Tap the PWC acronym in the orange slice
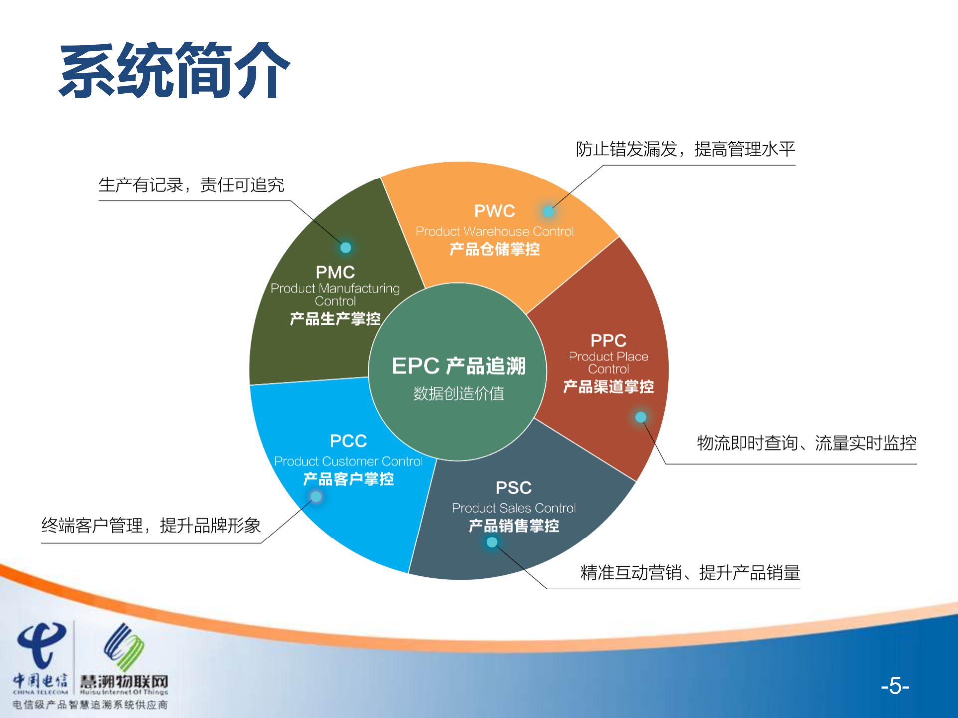[x=494, y=211]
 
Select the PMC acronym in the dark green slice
[x=335, y=272]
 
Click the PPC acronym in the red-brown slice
[x=608, y=340]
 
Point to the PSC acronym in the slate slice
[x=513, y=487]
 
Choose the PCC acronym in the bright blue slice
[x=348, y=441]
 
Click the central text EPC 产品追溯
[x=459, y=366]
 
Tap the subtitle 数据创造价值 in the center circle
[x=459, y=394]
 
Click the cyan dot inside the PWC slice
[x=548, y=212]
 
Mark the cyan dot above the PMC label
[x=345, y=248]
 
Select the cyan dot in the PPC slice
[x=641, y=417]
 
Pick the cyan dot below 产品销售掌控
[x=492, y=542]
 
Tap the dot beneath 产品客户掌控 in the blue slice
[x=316, y=497]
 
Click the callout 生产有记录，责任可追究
[x=191, y=185]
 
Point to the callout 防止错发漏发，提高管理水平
[x=685, y=149]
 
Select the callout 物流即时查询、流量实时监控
[x=806, y=443]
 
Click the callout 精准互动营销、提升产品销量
[x=690, y=573]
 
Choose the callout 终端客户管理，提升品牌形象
[x=151, y=525]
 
